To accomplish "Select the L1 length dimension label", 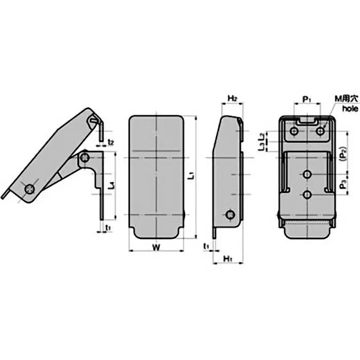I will click(x=192, y=176).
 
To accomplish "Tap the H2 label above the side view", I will click(x=232, y=98).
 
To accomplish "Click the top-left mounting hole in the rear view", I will click(x=294, y=131).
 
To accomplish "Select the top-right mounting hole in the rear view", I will click(x=320, y=131).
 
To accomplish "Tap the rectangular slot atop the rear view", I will click(x=307, y=121).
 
